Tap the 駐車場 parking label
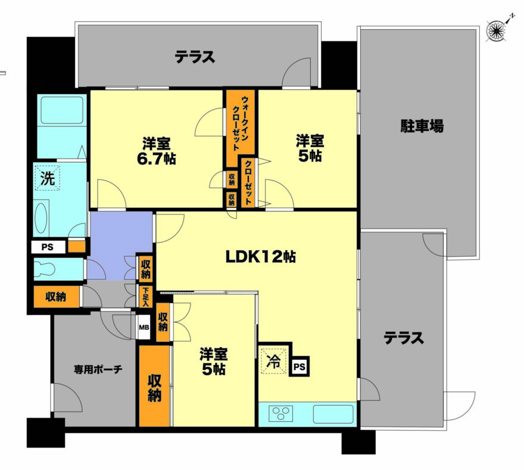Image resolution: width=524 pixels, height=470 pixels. click(x=422, y=126)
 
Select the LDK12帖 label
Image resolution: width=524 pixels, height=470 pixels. click(x=260, y=257)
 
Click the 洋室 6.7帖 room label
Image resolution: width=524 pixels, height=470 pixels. click(x=157, y=151)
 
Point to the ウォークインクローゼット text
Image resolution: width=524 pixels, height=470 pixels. click(x=241, y=123)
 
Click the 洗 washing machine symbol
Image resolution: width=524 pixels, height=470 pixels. click(x=48, y=178)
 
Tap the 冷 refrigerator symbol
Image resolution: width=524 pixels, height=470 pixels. click(x=274, y=362)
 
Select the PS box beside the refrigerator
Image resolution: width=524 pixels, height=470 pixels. click(x=300, y=367)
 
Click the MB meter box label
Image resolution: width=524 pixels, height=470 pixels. click(x=144, y=327)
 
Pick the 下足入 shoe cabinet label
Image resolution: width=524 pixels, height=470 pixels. click(x=146, y=296)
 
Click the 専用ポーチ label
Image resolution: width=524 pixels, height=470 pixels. click(x=98, y=369)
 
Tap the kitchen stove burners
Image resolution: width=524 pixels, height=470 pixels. click(x=281, y=414)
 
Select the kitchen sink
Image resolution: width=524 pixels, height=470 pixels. click(x=333, y=414)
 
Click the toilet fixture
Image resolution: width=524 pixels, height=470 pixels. click(x=45, y=269)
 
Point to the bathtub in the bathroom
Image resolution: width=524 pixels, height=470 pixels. click(x=62, y=110)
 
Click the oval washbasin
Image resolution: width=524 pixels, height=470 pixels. click(x=42, y=217)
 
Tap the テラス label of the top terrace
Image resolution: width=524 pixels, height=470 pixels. click(x=195, y=57)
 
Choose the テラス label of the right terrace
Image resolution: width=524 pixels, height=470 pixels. click(x=404, y=338)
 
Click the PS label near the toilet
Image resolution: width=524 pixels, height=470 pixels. click(x=48, y=247)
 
